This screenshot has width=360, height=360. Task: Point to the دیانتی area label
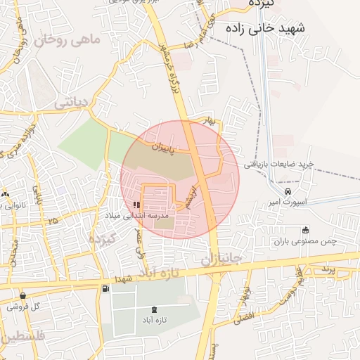point(70,103)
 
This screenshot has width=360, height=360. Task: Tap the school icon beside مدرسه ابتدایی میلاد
point(136,205)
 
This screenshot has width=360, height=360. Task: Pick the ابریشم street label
point(191,196)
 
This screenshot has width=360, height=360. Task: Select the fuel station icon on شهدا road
point(105,288)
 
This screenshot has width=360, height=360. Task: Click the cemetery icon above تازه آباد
point(155,310)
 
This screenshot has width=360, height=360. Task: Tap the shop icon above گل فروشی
point(23,296)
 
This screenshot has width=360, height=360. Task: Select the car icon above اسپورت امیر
point(288,191)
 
